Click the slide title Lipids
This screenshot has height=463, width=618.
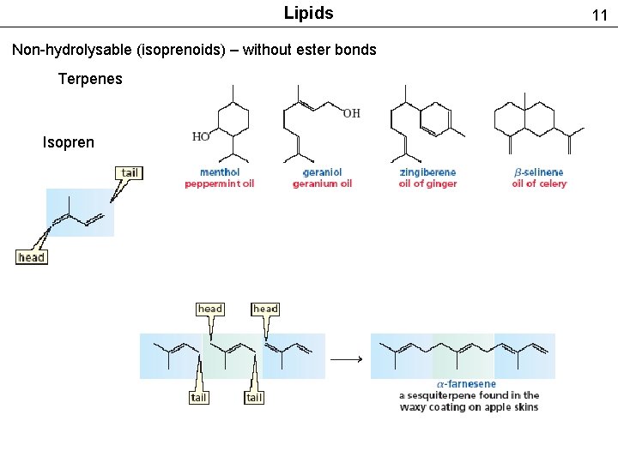coord(308,13)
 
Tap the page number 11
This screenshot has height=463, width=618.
coord(599,15)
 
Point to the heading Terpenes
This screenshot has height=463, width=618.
coord(90,79)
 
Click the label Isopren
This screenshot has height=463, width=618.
coord(69,142)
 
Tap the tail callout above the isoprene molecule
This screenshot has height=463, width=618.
coord(129,172)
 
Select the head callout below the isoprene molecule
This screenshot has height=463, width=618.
coord(31,257)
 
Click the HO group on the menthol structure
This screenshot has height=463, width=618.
coord(201,136)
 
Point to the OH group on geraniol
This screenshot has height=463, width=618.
coord(352,113)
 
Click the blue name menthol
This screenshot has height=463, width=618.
coord(220,172)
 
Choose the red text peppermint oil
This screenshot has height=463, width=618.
coord(220,183)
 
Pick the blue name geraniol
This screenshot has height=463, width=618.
coord(322,172)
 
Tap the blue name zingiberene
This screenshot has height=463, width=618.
coord(427,172)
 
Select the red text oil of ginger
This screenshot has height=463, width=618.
coord(427,183)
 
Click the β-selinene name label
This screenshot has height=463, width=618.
coord(539,172)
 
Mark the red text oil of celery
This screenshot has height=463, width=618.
coord(539,183)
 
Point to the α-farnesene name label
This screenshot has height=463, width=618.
coord(466,384)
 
